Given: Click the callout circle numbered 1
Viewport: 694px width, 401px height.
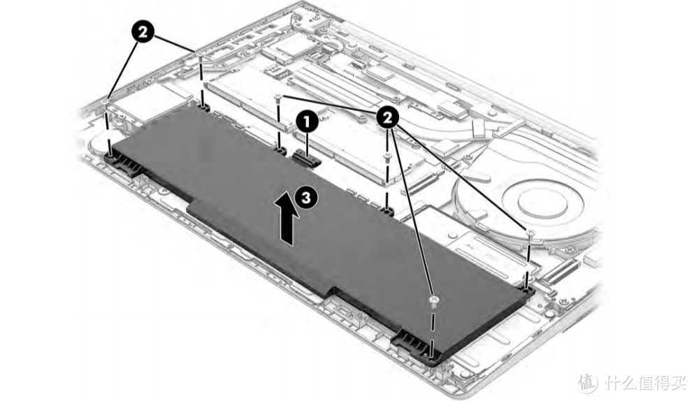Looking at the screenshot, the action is click(307, 122).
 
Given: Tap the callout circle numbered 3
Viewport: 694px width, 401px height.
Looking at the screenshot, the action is click(306, 197).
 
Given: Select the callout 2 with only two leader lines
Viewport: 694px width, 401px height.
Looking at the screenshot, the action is click(143, 32).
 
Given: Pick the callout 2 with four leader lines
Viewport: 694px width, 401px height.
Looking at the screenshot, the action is click(388, 117).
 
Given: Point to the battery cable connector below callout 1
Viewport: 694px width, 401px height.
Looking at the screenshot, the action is click(306, 157).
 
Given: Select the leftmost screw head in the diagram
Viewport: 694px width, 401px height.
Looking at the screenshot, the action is click(106, 101).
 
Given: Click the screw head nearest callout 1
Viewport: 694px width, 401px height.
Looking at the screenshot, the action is click(278, 97).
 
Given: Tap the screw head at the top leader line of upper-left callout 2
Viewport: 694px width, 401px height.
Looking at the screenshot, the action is click(200, 53).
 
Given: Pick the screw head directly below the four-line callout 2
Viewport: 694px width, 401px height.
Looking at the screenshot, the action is click(387, 156).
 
